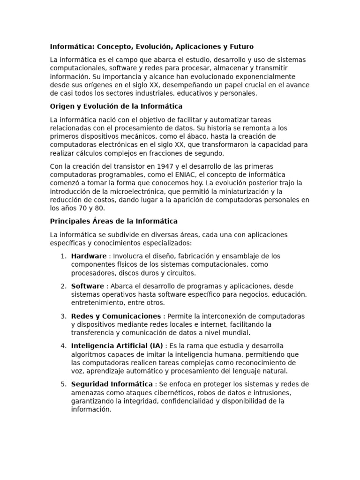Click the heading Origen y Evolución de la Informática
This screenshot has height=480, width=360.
click(x=116, y=106)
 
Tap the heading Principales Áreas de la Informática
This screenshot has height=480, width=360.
click(x=114, y=221)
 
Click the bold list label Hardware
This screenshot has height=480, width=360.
click(x=89, y=256)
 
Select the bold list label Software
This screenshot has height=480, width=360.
click(x=88, y=286)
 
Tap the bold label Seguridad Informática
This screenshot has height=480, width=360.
click(x=112, y=384)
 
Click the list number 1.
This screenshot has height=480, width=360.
click(x=63, y=256)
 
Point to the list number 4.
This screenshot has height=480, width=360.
click(x=63, y=346)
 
